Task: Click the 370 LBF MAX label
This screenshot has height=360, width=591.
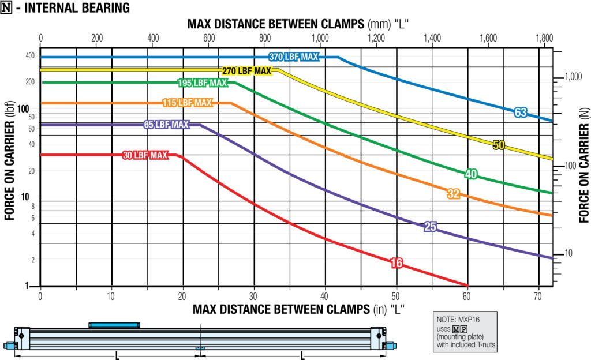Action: tap(293, 57)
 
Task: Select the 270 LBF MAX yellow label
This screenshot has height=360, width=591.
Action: tap(246, 71)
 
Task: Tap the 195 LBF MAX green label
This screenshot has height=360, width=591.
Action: tap(202, 83)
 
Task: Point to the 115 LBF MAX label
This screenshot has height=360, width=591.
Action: tap(188, 103)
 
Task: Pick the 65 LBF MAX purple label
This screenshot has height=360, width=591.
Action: tap(166, 125)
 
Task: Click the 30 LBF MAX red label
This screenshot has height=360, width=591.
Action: tap(144, 155)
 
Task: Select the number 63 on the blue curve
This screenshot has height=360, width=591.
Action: tap(521, 112)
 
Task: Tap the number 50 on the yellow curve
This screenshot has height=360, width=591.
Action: tap(499, 145)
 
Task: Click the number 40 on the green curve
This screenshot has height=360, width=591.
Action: tap(471, 174)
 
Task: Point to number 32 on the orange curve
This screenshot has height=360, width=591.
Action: tap(453, 194)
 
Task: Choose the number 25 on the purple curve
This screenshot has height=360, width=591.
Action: tap(430, 227)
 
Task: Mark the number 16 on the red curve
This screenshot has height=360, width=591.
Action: tap(396, 263)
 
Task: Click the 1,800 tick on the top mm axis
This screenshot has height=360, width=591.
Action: tap(544, 38)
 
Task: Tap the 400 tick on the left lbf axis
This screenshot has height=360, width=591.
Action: tap(29, 56)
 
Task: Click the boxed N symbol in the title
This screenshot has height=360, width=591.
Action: tap(6, 9)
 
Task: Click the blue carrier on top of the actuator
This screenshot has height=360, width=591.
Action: tap(114, 325)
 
